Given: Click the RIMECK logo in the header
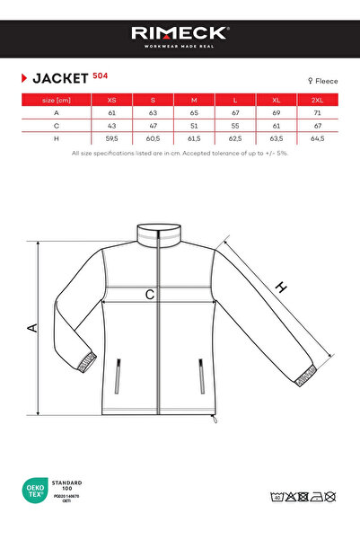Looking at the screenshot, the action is coord(180,33).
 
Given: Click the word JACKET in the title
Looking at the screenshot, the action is coord(59,78).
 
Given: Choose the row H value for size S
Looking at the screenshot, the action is coord(153,139).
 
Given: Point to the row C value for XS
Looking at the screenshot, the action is coord(111,127).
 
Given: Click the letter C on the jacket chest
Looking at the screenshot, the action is coord(150,294).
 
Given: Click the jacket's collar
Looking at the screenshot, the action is coord(162,235).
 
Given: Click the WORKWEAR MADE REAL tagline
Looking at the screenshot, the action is coord(180,47).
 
